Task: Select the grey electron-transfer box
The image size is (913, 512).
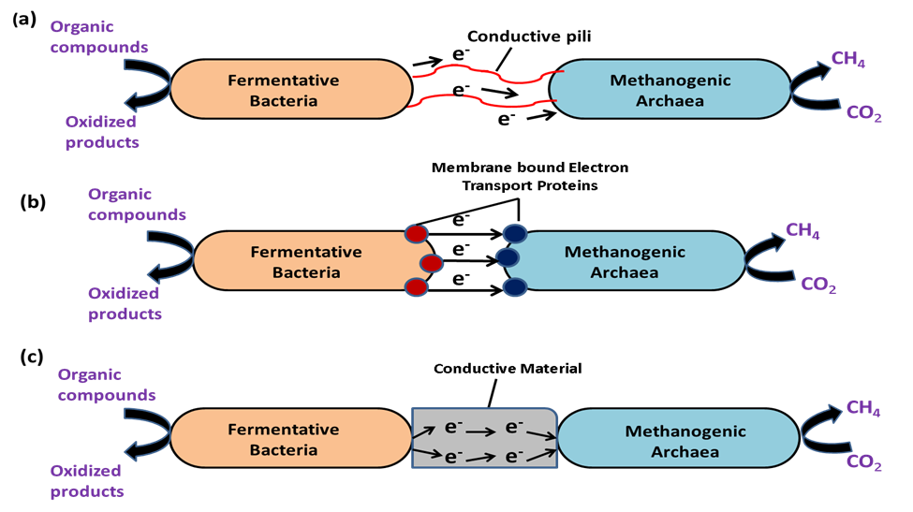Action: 484,439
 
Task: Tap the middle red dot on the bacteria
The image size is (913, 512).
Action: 431,263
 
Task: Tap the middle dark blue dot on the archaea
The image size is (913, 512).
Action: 507,256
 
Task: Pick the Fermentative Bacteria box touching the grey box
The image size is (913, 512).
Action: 286,439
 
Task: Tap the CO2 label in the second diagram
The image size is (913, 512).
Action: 817,284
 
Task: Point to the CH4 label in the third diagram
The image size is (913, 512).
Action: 862,408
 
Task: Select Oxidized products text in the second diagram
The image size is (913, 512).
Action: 125,303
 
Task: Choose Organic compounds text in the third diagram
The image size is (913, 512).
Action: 106,385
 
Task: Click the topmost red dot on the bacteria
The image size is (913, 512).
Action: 417,234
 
